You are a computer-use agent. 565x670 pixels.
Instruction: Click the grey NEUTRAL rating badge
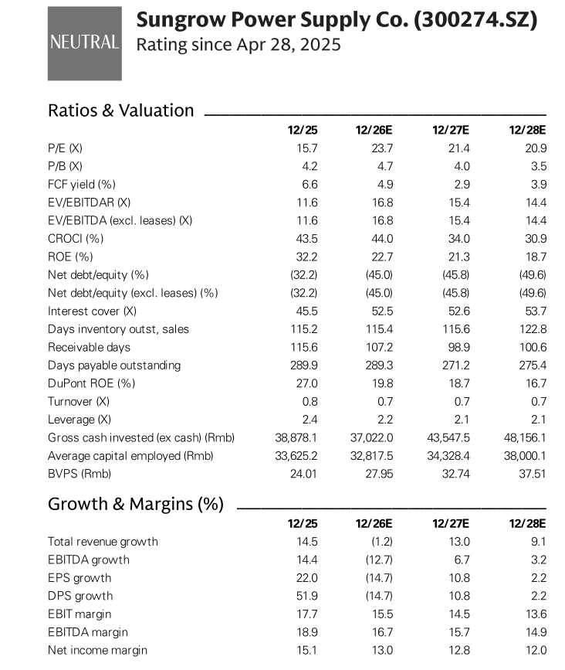tap(84, 43)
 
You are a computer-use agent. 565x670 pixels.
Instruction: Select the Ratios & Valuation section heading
tap(120, 111)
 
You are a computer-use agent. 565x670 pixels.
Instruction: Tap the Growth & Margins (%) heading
tap(136, 504)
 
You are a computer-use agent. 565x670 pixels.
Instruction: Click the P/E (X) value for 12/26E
tap(382, 148)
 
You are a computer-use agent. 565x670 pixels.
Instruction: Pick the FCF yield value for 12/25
tap(310, 184)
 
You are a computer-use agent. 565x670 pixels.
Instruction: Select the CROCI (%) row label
tap(76, 239)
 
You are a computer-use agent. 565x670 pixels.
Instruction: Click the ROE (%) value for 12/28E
tap(536, 257)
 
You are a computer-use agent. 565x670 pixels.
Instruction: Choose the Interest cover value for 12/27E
tap(458, 311)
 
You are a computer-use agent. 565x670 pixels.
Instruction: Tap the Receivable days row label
tap(90, 348)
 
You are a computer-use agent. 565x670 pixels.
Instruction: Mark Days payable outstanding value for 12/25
tap(304, 366)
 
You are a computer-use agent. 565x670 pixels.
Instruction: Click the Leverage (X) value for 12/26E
tap(385, 420)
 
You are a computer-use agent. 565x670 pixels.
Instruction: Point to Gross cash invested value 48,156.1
tap(525, 437)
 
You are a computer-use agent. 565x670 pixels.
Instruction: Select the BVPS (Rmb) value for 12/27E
tap(455, 474)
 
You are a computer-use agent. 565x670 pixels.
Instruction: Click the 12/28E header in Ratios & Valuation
tap(527, 130)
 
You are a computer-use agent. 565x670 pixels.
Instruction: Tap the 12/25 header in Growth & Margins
tap(303, 523)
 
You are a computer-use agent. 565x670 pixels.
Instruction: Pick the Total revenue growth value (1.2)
tap(381, 542)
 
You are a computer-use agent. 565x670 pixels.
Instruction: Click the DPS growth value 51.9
tap(307, 596)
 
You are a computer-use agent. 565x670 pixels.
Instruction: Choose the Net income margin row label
tap(97, 651)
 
